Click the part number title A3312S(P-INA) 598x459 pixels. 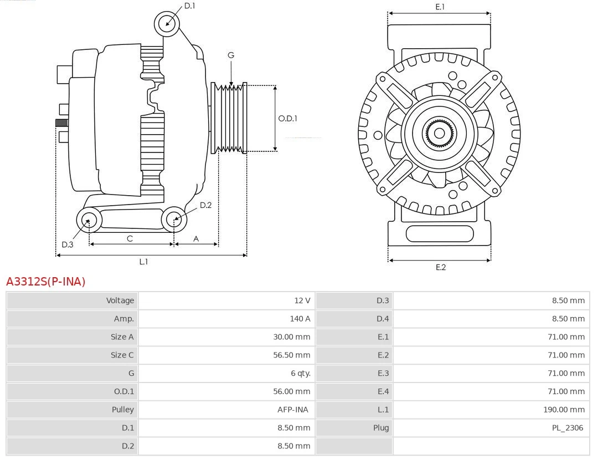pyautogui.click(x=46, y=282)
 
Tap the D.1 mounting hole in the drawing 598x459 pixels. pyautogui.click(x=167, y=23)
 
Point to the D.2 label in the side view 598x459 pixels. pyautogui.click(x=205, y=205)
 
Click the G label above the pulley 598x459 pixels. pyautogui.click(x=231, y=55)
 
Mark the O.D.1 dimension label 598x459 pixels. pyautogui.click(x=287, y=118)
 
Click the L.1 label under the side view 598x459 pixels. pyautogui.click(x=143, y=262)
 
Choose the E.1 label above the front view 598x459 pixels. pyautogui.click(x=440, y=7)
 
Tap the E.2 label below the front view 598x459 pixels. pyautogui.click(x=440, y=267)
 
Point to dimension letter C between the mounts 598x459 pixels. pyautogui.click(x=130, y=238)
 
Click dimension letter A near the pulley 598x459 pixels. pyautogui.click(x=196, y=238)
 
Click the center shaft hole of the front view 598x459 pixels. pyautogui.click(x=439, y=133)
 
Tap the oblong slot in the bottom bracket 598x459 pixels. pyautogui.click(x=439, y=233)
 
